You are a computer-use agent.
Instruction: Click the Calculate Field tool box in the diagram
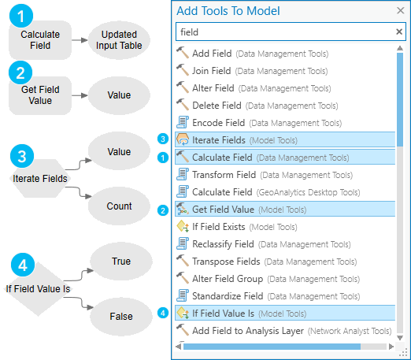click(39, 40)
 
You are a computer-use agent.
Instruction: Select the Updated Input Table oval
click(119, 40)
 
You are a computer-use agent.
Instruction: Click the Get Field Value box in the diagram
click(39, 95)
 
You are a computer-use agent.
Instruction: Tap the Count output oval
click(120, 206)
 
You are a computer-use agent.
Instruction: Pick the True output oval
click(120, 261)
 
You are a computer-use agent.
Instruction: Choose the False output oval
click(120, 316)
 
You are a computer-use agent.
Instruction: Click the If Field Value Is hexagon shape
click(39, 288)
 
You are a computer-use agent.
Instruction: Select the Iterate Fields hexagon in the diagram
click(39, 179)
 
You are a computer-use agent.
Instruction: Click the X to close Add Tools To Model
click(399, 11)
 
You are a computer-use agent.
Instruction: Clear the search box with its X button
click(398, 32)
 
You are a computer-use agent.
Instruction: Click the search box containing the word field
click(283, 32)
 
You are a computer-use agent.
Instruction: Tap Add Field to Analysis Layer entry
click(291, 331)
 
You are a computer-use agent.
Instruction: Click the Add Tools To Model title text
click(228, 11)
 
